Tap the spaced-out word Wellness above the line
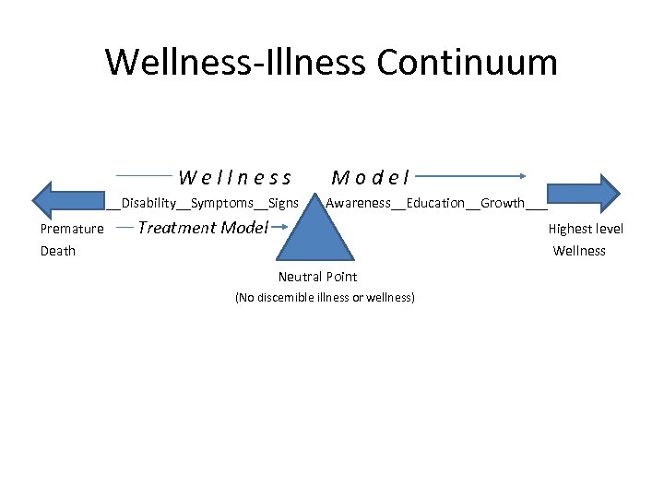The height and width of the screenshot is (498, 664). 236,176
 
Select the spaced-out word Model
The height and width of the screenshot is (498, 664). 372,176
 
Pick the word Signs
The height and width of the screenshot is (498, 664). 283,203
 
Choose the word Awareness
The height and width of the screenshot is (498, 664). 359,203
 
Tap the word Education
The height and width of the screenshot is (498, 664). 435,203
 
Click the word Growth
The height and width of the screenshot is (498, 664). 503,203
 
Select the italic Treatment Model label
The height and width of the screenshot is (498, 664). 202,228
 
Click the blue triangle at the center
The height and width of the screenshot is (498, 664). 316,235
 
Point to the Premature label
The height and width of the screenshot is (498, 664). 72,230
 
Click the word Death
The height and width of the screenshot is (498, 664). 58,251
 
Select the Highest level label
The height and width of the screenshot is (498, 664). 586,230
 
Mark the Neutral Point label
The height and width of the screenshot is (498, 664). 317,277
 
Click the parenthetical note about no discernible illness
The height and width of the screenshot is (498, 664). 325,298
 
